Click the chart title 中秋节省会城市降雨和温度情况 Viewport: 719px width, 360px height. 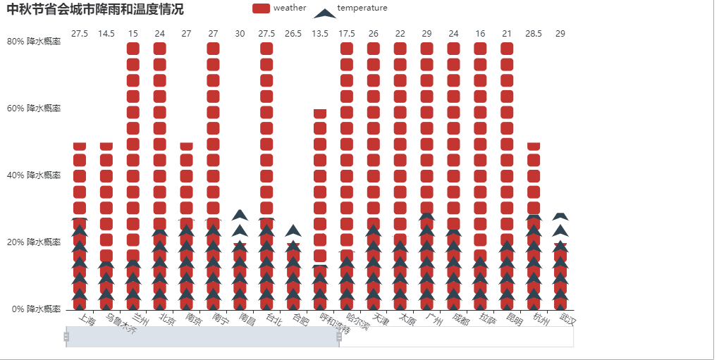tap(95, 9)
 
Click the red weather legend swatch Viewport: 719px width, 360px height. tap(261, 8)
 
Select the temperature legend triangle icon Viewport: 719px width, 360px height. tap(324, 13)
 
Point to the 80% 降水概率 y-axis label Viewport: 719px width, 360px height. tap(34, 41)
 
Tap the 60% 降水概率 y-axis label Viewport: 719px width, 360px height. tap(34, 108)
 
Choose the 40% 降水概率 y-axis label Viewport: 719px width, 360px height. tap(34, 175)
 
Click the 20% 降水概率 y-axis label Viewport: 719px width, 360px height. tap(34, 242)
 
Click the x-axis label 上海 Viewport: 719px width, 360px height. tap(86, 322)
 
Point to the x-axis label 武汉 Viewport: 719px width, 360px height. tap(567, 321)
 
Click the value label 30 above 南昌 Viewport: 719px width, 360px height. tap(240, 34)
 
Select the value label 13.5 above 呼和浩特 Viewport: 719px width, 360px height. tap(320, 34)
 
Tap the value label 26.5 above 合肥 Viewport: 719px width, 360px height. tap(293, 34)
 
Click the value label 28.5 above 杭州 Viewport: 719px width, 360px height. tap(534, 34)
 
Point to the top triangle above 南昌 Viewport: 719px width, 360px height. tap(240, 215)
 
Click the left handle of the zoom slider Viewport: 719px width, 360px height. tap(66, 337)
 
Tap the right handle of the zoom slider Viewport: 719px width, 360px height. tap(339, 337)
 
